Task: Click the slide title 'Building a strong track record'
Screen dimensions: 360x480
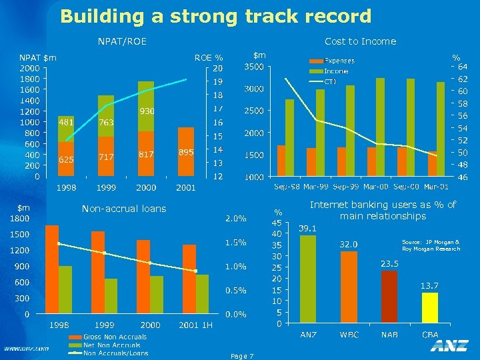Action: coord(215,16)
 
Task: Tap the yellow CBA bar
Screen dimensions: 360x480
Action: coord(430,311)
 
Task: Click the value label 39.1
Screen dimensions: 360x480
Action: coord(307,228)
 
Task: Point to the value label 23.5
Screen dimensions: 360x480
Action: coord(389,263)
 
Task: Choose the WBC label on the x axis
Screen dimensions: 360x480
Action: coord(349,333)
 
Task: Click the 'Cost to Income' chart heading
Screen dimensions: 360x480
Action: coord(360,41)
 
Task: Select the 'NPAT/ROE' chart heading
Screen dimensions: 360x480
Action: coord(122,41)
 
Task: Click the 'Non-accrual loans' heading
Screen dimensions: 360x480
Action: coord(124,209)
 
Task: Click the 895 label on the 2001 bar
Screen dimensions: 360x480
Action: coord(186,152)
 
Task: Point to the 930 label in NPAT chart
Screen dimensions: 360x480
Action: coord(147,111)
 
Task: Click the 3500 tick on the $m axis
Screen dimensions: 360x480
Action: coord(253,67)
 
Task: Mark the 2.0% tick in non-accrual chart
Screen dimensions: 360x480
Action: coord(235,218)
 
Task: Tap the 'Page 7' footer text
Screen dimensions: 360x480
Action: coord(241,356)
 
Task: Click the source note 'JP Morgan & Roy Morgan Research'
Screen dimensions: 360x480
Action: coord(431,245)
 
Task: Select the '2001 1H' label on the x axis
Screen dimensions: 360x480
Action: coord(195,325)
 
